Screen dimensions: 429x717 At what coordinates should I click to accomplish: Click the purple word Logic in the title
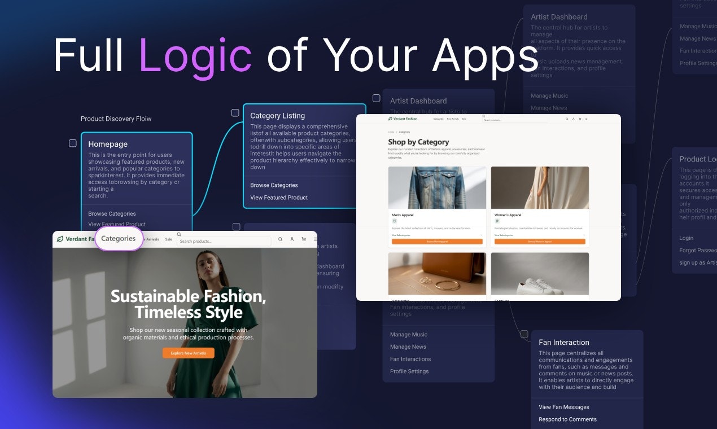(195, 55)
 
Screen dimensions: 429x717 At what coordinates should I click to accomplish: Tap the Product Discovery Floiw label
(116, 119)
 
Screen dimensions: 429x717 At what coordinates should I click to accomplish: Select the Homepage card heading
(108, 144)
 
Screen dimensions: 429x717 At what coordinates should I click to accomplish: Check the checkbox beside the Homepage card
(73, 143)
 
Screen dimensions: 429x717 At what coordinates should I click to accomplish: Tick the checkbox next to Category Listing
(235, 113)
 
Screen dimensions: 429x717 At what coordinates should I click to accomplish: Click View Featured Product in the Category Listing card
(279, 198)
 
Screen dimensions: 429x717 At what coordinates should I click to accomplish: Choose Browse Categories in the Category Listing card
(274, 185)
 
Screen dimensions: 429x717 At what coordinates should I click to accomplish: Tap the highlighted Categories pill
(119, 238)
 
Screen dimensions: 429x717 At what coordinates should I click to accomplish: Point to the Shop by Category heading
(418, 142)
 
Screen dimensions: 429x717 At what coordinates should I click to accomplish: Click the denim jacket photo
(437, 187)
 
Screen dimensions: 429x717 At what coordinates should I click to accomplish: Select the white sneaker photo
(539, 273)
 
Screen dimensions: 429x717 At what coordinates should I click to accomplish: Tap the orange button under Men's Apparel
(437, 242)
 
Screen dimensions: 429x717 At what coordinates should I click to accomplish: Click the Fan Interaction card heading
(563, 342)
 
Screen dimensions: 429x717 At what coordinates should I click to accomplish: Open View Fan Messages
(563, 407)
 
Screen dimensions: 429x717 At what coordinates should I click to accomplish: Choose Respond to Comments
(567, 419)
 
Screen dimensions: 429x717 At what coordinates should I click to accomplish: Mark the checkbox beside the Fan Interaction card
(524, 334)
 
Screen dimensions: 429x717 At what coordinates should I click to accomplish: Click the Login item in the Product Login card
(686, 238)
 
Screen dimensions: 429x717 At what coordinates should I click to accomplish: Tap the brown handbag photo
(437, 273)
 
